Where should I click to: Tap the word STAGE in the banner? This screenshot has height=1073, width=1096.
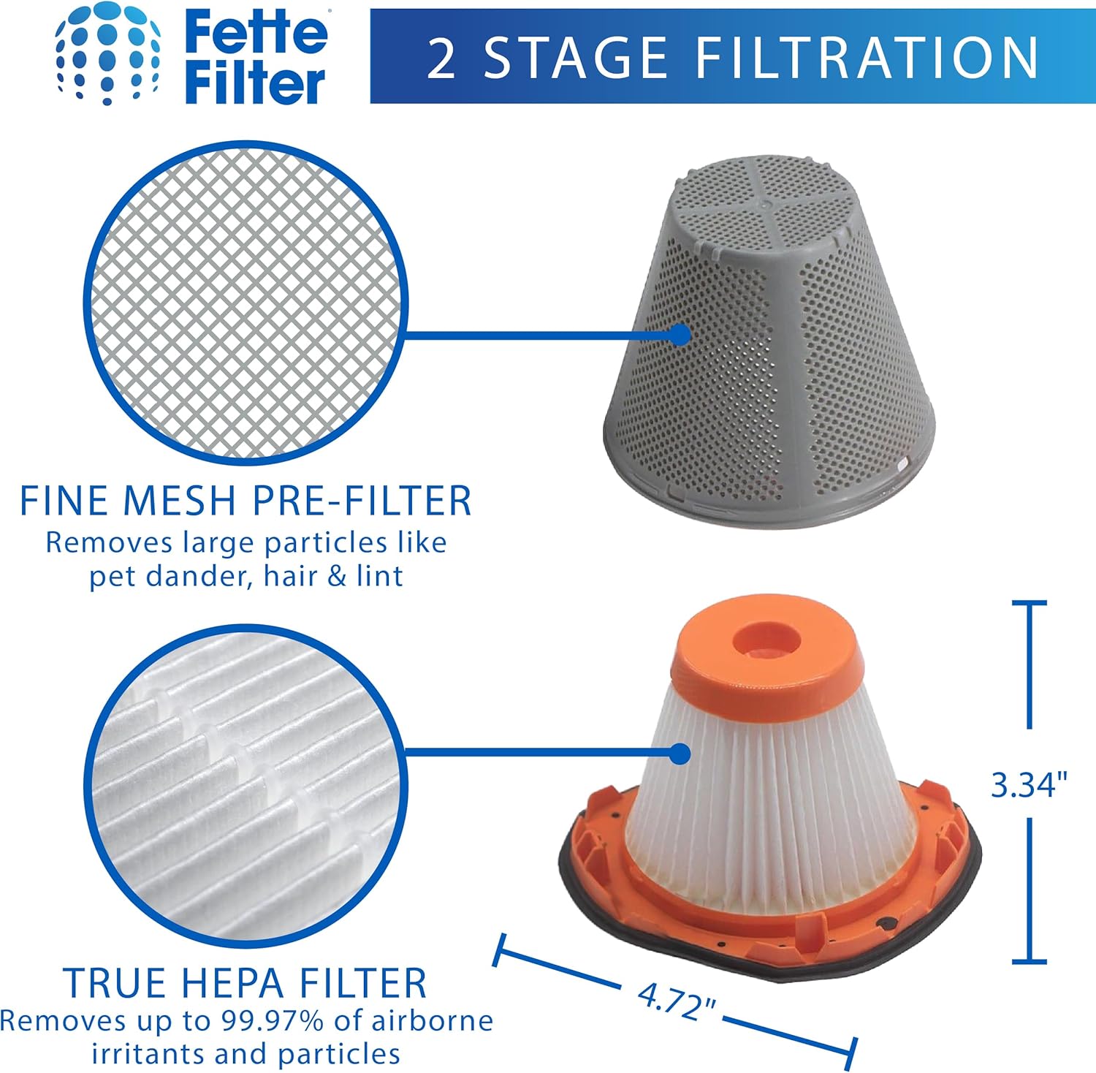[x=575, y=58]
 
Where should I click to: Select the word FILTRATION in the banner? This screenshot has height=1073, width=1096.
[x=867, y=58]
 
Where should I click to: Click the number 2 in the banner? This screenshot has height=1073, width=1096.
[x=442, y=58]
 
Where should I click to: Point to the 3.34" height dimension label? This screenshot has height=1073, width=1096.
[x=1029, y=785]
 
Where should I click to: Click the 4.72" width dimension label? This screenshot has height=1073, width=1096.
[x=676, y=1001]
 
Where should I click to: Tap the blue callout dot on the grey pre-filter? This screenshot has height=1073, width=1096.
[x=680, y=335]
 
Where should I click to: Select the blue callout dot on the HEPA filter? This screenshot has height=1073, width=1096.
[x=680, y=754]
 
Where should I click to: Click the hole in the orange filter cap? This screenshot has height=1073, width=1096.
[x=765, y=638]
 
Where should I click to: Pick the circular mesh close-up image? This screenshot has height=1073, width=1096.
[x=246, y=303]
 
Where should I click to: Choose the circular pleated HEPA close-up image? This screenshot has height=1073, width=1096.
[x=246, y=786]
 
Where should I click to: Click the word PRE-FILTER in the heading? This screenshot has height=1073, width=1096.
[x=362, y=501]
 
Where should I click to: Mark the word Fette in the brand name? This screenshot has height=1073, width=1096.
[x=256, y=34]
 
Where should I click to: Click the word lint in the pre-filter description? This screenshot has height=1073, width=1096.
[x=379, y=576]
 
